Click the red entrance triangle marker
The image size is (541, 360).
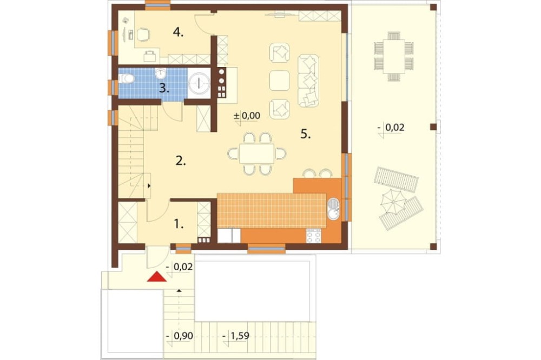tap(157, 277)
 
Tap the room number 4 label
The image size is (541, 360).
tap(178, 32)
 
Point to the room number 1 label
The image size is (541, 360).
tap(178, 224)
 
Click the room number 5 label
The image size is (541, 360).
tap(305, 134)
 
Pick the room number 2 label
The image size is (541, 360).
tap(181, 161)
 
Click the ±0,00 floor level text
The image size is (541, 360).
tap(247, 116)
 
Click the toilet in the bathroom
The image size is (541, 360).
tap(126, 79)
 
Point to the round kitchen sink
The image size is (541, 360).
tap(333, 209)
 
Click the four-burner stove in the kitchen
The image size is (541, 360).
tap(314, 236)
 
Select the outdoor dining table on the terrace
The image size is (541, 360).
tap(394, 56)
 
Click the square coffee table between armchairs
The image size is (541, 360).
tap(279, 81)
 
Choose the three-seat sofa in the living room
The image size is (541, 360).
tap(308, 81)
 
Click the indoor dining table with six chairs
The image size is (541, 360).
tap(256, 154)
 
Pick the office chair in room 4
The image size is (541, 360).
tap(143, 35)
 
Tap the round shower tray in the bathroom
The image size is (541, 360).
tap(200, 83)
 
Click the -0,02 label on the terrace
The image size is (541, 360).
tap(391, 128)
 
